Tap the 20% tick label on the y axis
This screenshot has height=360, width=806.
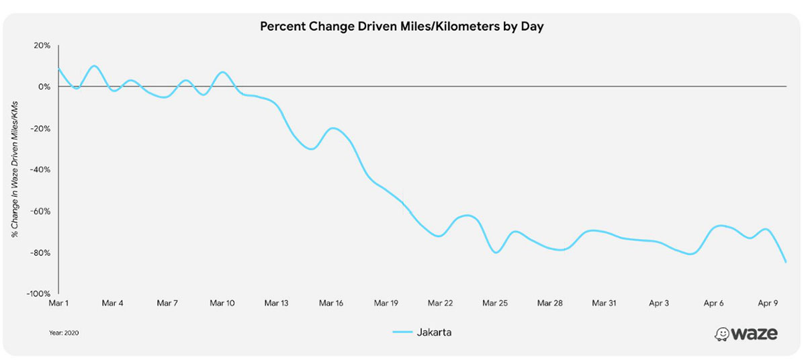tap(42, 46)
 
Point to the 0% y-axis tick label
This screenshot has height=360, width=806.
tap(44, 87)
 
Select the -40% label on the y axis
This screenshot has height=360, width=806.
tap(40, 170)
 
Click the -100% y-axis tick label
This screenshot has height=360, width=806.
tap(38, 294)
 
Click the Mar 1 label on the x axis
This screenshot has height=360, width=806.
tap(59, 304)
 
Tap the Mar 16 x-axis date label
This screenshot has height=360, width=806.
tap(331, 304)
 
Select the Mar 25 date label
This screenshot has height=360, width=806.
tap(495, 304)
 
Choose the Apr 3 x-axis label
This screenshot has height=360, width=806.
tap(659, 304)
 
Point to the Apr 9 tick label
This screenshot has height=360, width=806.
tap(768, 304)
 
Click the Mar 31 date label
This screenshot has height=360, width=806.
tap(604, 304)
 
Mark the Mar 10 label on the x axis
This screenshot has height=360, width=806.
tap(222, 304)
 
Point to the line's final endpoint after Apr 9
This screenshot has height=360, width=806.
tap(786, 262)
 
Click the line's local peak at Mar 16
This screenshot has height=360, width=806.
tap(333, 128)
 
